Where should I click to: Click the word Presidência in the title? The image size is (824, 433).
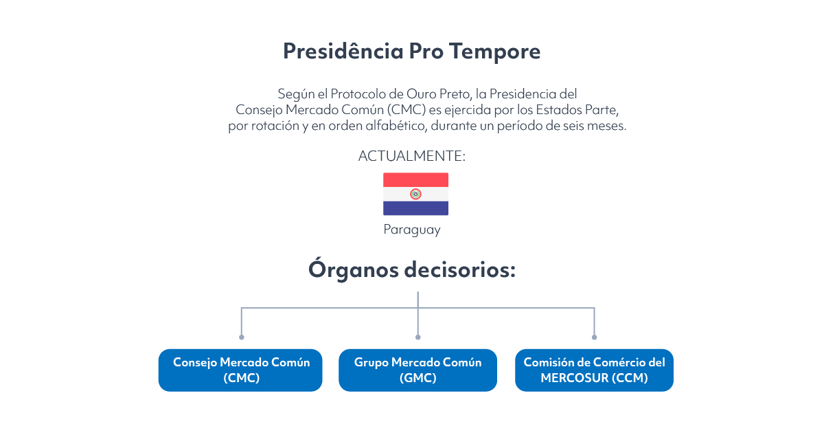pyautogui.click(x=343, y=50)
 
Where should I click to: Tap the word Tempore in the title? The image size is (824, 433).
pyautogui.click(x=495, y=52)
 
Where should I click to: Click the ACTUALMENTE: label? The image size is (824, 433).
pyautogui.click(x=411, y=156)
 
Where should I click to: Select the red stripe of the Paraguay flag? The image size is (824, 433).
pyautogui.click(x=415, y=180)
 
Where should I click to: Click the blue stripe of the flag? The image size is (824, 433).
pyautogui.click(x=415, y=208)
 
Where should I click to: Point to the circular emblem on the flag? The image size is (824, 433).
pyautogui.click(x=415, y=194)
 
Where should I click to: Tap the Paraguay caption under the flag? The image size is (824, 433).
pyautogui.click(x=411, y=230)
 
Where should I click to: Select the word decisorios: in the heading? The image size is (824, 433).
pyautogui.click(x=460, y=269)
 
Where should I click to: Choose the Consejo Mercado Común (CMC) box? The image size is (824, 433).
pyautogui.click(x=240, y=370)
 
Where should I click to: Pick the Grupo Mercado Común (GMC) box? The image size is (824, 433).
pyautogui.click(x=417, y=370)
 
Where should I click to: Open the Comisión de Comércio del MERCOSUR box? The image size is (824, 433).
pyautogui.click(x=594, y=370)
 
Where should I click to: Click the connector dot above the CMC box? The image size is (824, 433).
pyautogui.click(x=241, y=337)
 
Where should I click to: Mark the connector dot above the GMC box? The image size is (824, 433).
pyautogui.click(x=418, y=337)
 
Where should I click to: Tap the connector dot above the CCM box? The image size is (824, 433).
pyautogui.click(x=594, y=337)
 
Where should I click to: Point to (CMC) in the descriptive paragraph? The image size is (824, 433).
pyautogui.click(x=406, y=110)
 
